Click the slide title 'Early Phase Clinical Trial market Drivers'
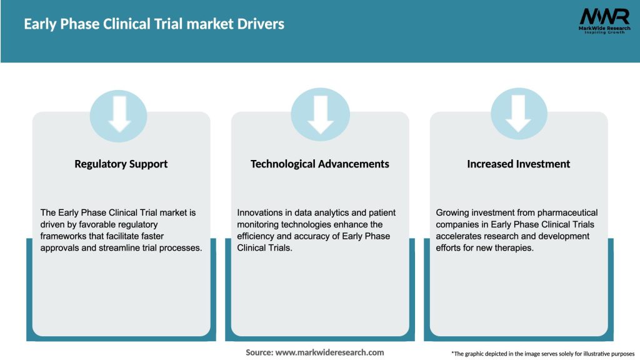154,24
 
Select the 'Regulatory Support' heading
121,164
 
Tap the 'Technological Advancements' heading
319,164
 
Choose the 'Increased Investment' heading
518,164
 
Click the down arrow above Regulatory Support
119,114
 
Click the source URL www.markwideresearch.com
329,352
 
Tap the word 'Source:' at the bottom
259,352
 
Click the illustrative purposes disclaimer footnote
542,354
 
